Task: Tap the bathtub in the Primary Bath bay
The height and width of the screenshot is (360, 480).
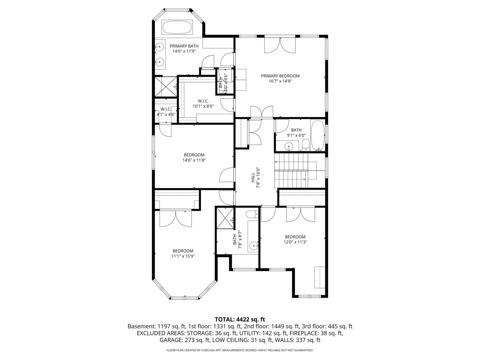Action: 177,27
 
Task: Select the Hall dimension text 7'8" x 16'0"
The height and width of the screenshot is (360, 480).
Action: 258,178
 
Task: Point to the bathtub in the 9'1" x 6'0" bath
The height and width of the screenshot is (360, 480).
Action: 318,136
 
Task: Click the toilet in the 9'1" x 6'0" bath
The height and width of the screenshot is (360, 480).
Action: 305,145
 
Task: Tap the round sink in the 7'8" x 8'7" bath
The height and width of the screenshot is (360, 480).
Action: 254,245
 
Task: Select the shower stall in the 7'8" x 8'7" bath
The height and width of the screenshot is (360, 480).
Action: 225,218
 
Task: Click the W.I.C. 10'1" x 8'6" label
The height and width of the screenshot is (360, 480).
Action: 203,104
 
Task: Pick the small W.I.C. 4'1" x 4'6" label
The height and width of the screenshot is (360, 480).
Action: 166,112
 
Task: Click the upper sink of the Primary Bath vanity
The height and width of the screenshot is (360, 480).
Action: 160,47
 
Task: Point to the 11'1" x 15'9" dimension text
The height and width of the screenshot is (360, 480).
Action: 183,256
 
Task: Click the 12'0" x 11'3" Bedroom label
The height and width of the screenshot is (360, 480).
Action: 295,239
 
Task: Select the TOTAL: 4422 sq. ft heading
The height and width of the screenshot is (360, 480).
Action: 240,319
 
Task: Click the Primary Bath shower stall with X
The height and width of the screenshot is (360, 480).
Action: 166,86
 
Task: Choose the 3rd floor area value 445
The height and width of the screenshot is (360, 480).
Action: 332,326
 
